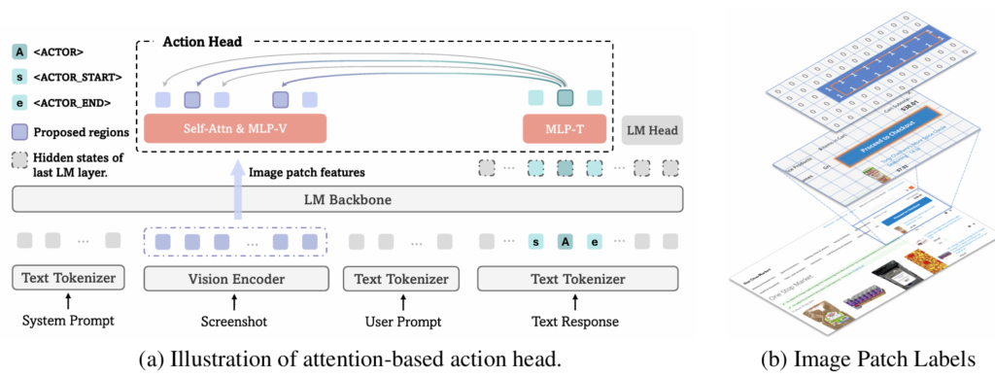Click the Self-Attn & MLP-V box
point(234,128)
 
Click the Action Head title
point(202,42)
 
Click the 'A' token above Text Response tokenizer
point(565,240)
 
